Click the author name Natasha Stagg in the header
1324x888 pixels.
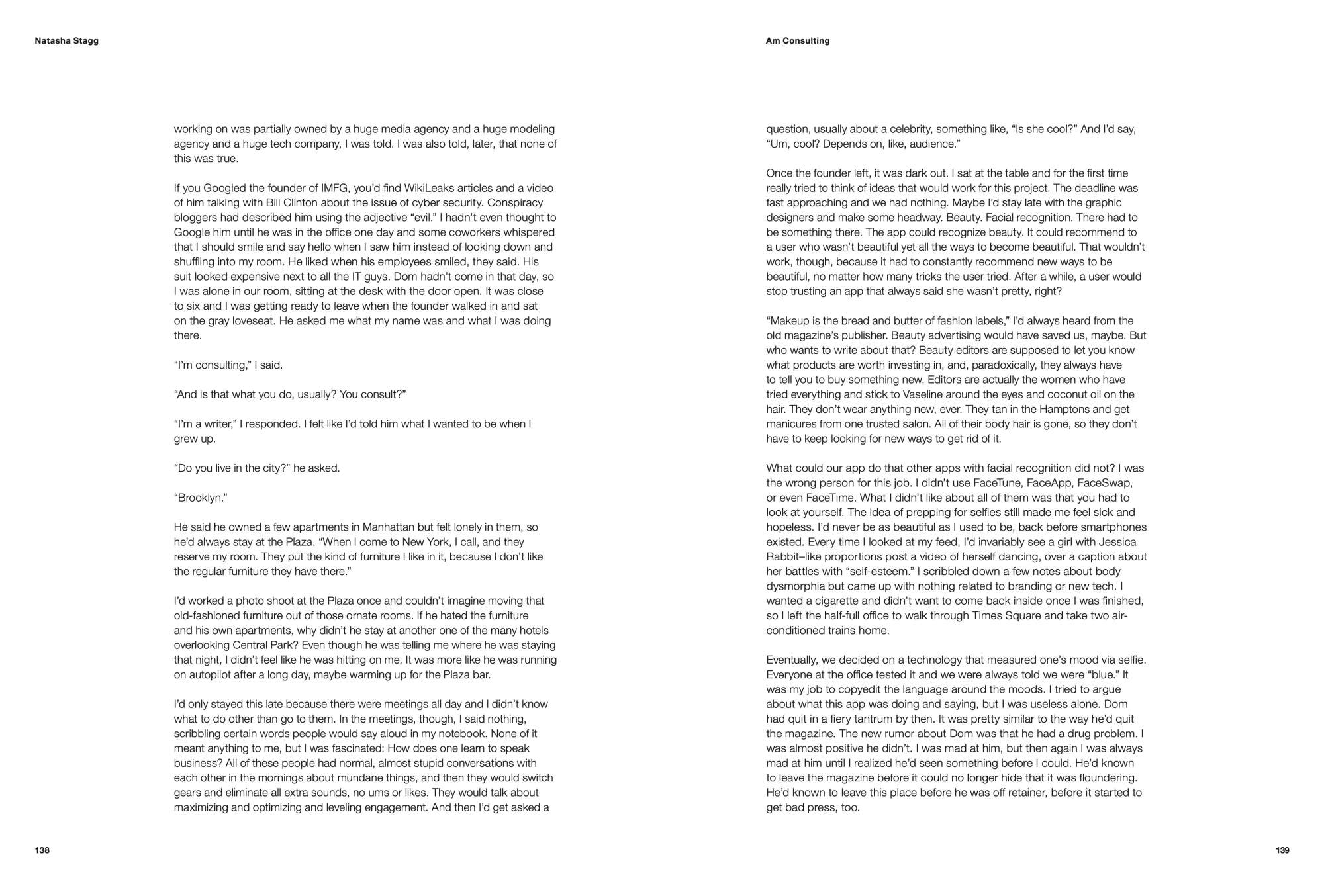(x=66, y=41)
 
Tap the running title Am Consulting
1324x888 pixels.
(x=797, y=41)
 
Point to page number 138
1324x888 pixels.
(x=42, y=850)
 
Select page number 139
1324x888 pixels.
(x=1282, y=850)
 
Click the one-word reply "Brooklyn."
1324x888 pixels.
(x=201, y=498)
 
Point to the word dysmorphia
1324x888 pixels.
(x=794, y=586)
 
